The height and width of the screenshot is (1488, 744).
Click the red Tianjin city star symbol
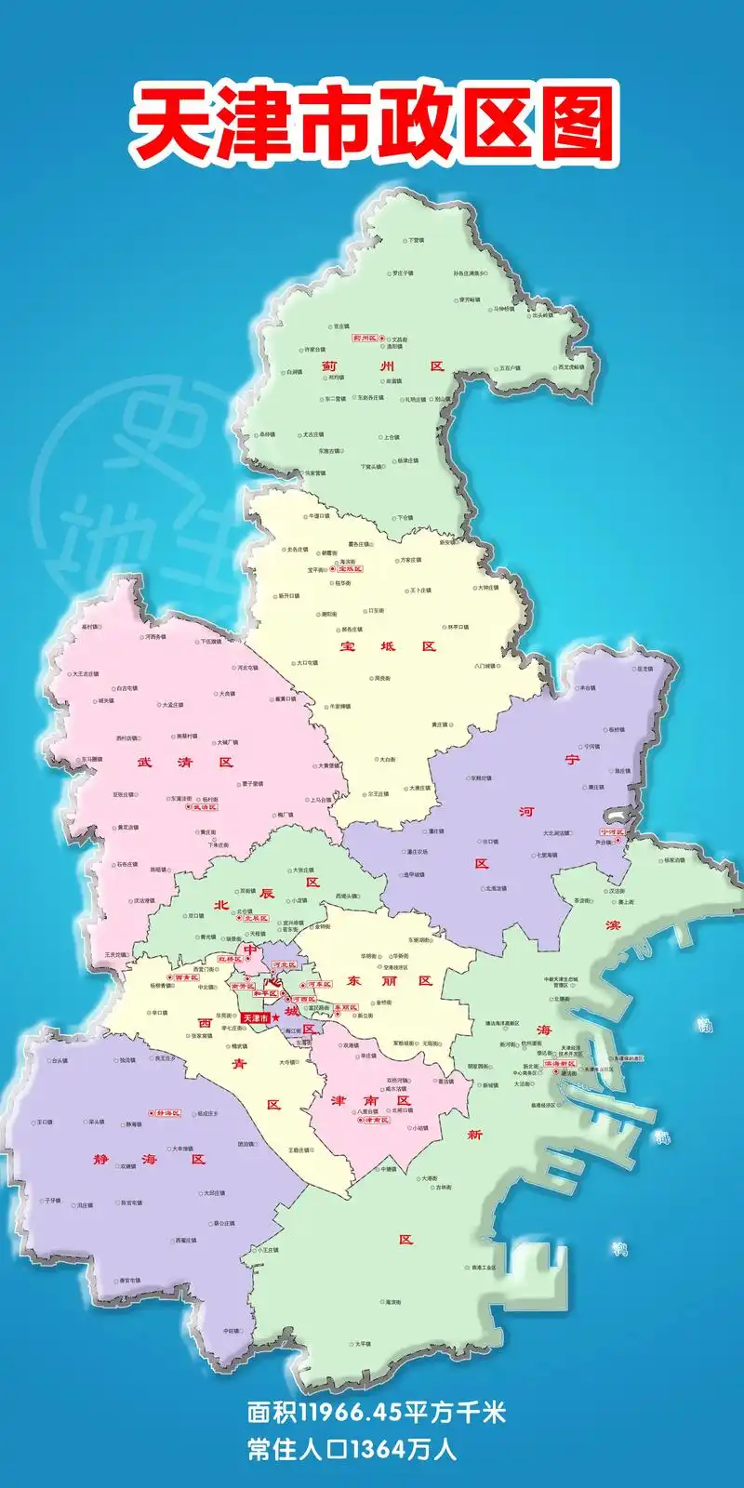276,1019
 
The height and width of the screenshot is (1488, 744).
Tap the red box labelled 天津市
255,1019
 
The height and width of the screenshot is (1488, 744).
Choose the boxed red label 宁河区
613,832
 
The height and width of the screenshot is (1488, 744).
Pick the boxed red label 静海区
167,1113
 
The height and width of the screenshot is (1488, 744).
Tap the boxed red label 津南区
376,1120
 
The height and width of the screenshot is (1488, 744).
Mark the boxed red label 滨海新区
560,1063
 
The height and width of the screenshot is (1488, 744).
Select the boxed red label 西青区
186,977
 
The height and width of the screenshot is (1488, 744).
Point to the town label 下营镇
417,241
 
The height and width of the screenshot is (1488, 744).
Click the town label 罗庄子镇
402,273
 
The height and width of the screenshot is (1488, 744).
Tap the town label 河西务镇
155,637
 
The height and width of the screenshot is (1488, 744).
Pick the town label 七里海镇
547,855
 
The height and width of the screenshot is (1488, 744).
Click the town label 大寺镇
287,1062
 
